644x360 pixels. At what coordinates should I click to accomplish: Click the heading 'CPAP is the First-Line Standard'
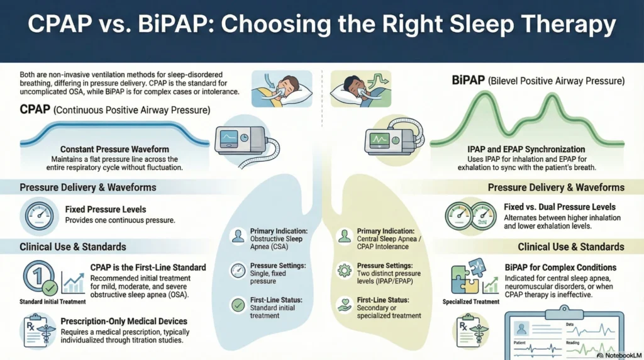148,267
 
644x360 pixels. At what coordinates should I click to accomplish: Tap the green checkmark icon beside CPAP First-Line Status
238,306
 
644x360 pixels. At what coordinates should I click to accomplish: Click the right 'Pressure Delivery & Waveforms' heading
556,187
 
